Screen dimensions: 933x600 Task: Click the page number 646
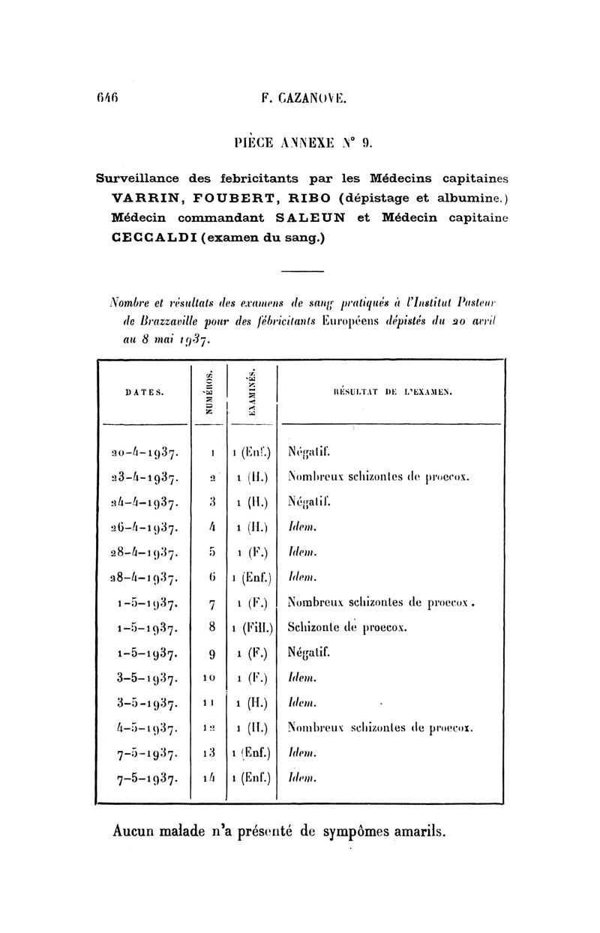109,97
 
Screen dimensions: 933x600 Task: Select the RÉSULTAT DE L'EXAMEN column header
391,391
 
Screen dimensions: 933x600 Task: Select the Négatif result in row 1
310,453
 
